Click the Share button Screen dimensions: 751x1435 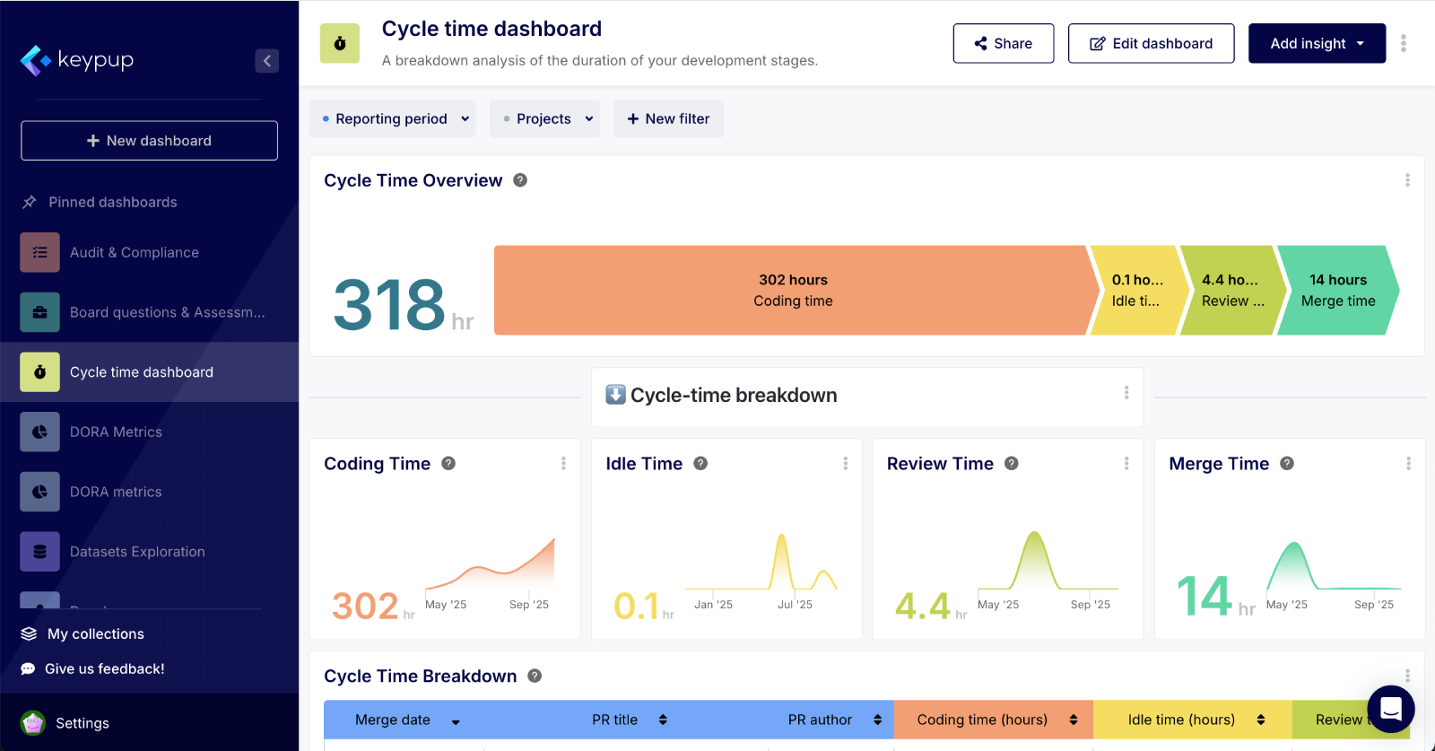point(1003,43)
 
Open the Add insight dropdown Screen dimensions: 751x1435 point(1317,43)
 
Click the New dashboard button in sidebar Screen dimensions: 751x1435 point(149,141)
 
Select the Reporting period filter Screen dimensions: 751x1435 point(392,118)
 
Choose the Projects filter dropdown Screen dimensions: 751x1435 point(544,118)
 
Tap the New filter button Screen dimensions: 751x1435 point(668,118)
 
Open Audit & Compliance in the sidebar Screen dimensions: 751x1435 point(135,253)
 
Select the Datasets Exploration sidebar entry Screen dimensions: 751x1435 point(137,552)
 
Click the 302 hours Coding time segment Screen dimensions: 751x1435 point(793,291)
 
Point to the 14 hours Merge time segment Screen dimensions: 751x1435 point(1337,291)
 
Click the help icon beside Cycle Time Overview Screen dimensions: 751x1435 point(520,180)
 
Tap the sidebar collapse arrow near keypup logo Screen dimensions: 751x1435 point(266,61)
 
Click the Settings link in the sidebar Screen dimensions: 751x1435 point(82,723)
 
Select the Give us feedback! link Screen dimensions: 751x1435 point(104,668)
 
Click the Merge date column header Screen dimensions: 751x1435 point(393,720)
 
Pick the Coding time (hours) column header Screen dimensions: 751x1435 point(982,720)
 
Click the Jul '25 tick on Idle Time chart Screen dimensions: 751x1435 point(795,604)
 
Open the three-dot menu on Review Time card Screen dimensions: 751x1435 point(1126,463)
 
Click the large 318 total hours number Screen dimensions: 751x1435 point(389,304)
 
